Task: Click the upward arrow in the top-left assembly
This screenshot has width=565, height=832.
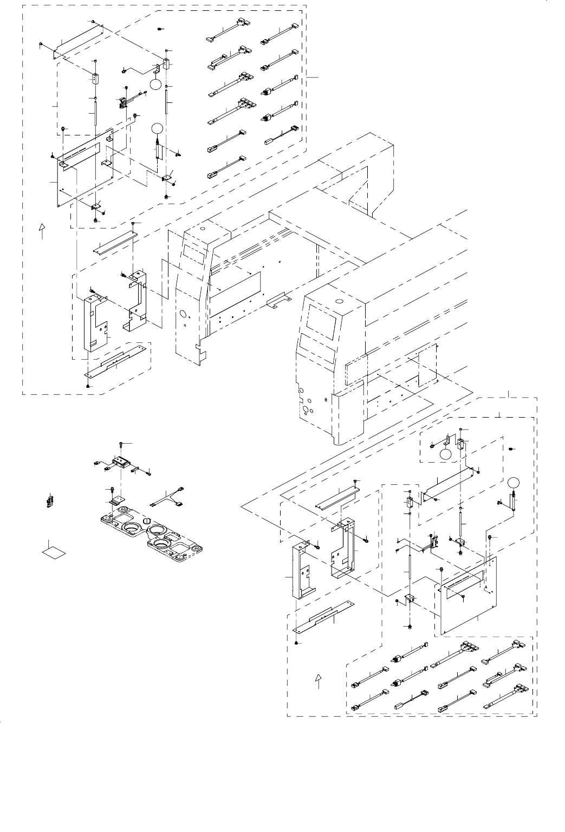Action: [42, 231]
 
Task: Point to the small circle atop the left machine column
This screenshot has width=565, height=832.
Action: [202, 229]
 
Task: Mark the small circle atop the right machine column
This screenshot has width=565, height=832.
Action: [339, 301]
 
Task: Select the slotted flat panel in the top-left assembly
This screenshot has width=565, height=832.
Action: [87, 168]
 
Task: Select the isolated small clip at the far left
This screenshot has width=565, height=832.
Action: [49, 500]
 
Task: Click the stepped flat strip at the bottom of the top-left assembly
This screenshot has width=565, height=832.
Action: [116, 362]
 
